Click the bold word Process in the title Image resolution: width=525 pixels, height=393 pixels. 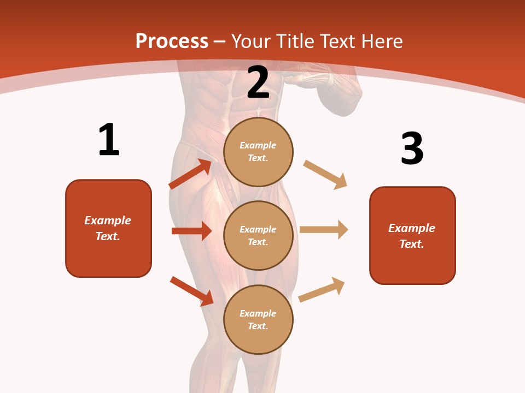pyautogui.click(x=172, y=41)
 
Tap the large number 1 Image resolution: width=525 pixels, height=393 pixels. pyautogui.click(x=109, y=140)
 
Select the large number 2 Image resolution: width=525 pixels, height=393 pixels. pyautogui.click(x=258, y=82)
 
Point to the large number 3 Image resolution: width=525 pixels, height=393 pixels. pyautogui.click(x=412, y=148)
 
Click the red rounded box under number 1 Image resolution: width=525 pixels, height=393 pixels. pyautogui.click(x=108, y=228)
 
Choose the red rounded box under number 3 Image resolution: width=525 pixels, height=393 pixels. pyautogui.click(x=412, y=235)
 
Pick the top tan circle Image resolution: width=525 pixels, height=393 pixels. pyautogui.click(x=258, y=152)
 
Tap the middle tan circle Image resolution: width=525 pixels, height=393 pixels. pyautogui.click(x=258, y=235)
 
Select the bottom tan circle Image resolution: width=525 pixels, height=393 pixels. pyautogui.click(x=258, y=319)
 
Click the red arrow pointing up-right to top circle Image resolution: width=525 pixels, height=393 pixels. pyautogui.click(x=190, y=174)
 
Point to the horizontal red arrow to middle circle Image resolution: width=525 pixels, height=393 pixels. pyautogui.click(x=191, y=231)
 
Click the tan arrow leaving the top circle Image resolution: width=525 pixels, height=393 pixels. pyautogui.click(x=325, y=175)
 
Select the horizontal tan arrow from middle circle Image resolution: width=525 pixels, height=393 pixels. pyautogui.click(x=324, y=230)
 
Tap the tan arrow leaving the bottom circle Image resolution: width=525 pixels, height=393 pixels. pyautogui.click(x=322, y=289)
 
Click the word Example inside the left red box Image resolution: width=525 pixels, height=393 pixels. pyautogui.click(x=108, y=221)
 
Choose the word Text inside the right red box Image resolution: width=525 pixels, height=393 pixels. pyautogui.click(x=411, y=244)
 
